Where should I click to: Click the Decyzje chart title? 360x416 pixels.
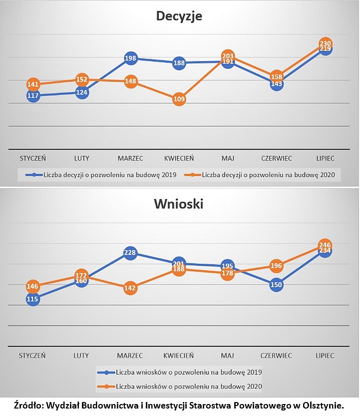[179, 16]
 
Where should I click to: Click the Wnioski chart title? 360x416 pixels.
[179, 204]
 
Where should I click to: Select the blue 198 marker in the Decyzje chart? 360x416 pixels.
[131, 59]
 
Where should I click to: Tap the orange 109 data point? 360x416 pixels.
[179, 99]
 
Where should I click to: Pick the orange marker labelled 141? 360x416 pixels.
[33, 84]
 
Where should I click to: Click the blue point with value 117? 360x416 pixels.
[33, 95]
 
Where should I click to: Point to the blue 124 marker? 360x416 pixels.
[82, 92]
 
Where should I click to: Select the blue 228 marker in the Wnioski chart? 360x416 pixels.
[131, 253]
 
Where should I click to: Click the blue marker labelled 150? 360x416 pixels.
[277, 285]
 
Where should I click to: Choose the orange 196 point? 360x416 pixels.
[277, 266]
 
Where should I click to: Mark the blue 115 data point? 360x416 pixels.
[33, 299]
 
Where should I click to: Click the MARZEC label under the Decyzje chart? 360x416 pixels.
[130, 158]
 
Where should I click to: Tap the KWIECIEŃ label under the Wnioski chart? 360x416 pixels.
[179, 356]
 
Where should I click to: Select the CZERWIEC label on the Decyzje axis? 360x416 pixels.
[277, 158]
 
